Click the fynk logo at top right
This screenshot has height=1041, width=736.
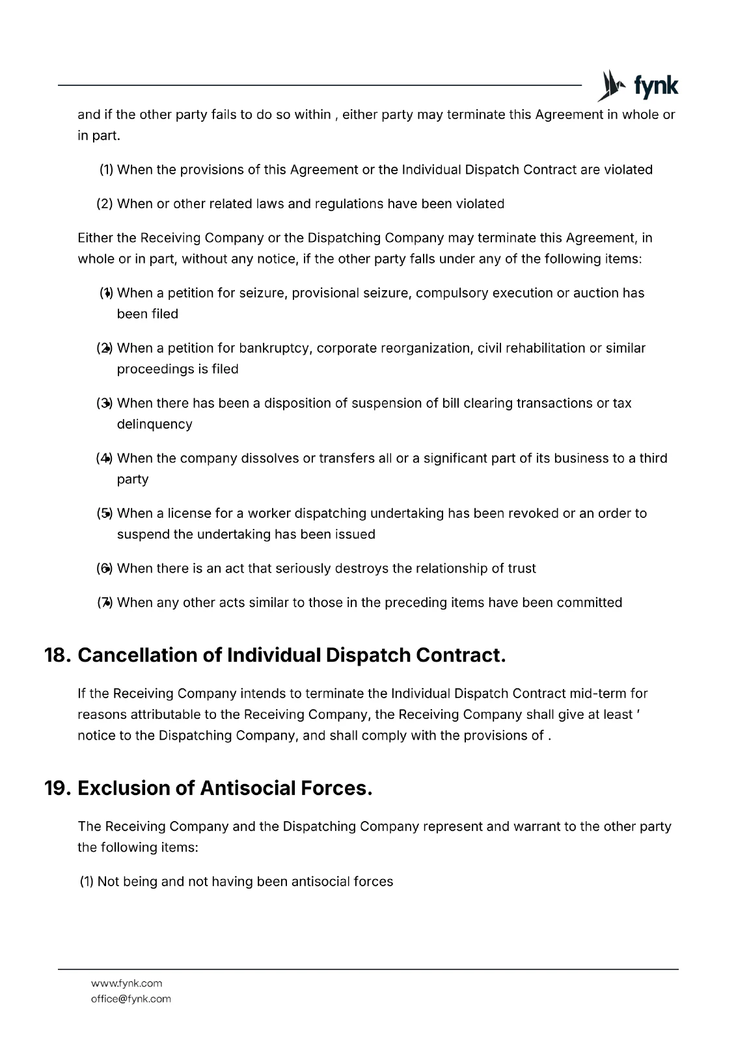[x=638, y=86]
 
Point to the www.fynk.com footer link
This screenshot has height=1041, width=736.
[x=126, y=983]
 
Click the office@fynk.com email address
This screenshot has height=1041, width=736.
[x=131, y=999]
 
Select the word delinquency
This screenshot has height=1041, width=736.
[x=154, y=424]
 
